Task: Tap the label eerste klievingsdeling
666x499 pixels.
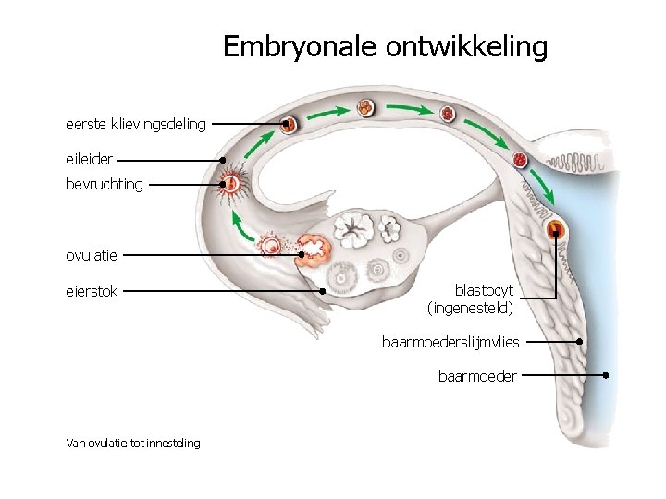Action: [136, 123]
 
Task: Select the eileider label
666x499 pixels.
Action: [89, 159]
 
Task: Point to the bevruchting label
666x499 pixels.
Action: [105, 184]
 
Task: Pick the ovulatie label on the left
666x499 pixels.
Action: [92, 255]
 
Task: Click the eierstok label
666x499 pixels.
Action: [92, 292]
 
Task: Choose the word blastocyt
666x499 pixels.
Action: [484, 290]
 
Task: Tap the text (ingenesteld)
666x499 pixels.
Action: [470, 307]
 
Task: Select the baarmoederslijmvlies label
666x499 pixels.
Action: [450, 342]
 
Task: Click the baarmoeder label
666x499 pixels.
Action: [477, 376]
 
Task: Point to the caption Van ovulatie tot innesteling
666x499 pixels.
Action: [133, 444]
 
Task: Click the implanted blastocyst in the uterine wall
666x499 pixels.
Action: [556, 229]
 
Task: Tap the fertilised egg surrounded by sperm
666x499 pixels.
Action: [231, 184]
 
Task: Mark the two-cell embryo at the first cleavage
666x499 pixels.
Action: [289, 123]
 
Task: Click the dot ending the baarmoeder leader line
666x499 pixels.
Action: [605, 375]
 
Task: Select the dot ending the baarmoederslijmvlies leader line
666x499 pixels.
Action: [579, 341]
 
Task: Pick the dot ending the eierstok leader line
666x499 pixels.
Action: [322, 291]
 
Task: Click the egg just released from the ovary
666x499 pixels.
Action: [272, 246]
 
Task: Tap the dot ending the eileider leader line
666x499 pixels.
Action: [223, 159]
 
